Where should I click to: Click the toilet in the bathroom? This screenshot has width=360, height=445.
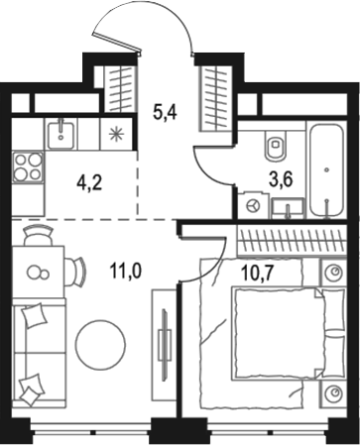coord(275,148)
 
